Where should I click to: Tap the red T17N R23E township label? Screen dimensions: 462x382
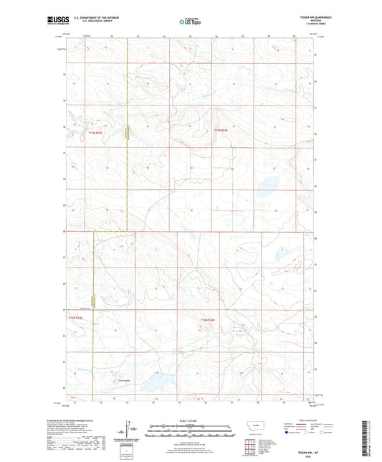click(96, 132)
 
